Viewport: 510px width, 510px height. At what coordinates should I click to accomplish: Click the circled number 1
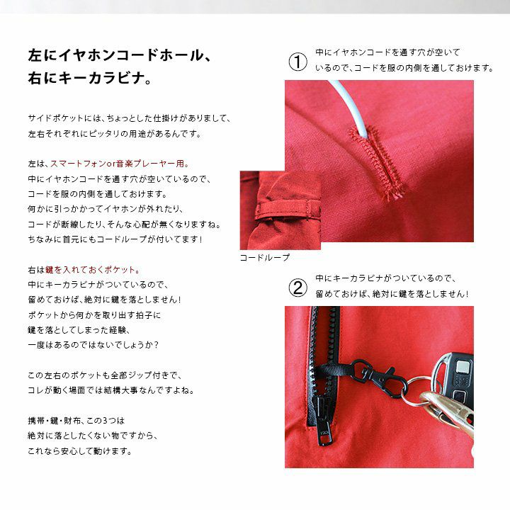(x=297, y=62)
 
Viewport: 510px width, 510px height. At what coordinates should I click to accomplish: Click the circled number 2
(x=297, y=288)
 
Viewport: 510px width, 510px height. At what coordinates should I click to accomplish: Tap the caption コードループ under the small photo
(x=264, y=258)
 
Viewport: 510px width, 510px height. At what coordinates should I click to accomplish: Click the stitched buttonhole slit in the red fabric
(x=378, y=163)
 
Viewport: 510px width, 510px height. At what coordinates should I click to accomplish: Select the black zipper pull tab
(x=324, y=426)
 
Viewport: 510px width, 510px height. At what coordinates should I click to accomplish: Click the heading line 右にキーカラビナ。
(x=89, y=79)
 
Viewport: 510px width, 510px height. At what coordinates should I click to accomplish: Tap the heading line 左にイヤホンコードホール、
(x=120, y=55)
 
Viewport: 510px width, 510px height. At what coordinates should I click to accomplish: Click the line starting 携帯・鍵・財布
(x=76, y=421)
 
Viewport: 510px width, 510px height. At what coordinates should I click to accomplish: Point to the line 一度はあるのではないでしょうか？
(x=93, y=345)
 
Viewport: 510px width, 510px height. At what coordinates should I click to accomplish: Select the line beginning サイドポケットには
(x=130, y=118)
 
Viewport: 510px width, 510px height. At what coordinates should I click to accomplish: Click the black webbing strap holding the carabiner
(x=331, y=370)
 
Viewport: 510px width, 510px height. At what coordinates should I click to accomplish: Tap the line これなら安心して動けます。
(x=80, y=451)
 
